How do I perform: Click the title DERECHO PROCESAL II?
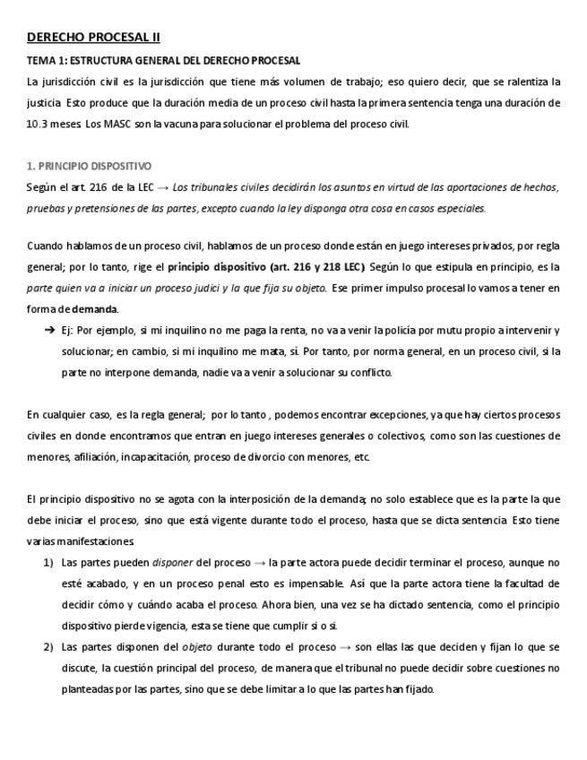pos(93,37)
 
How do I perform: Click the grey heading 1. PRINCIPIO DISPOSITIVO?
pos(89,166)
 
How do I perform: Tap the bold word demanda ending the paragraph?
pos(95,309)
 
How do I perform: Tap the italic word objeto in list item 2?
pos(196,647)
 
